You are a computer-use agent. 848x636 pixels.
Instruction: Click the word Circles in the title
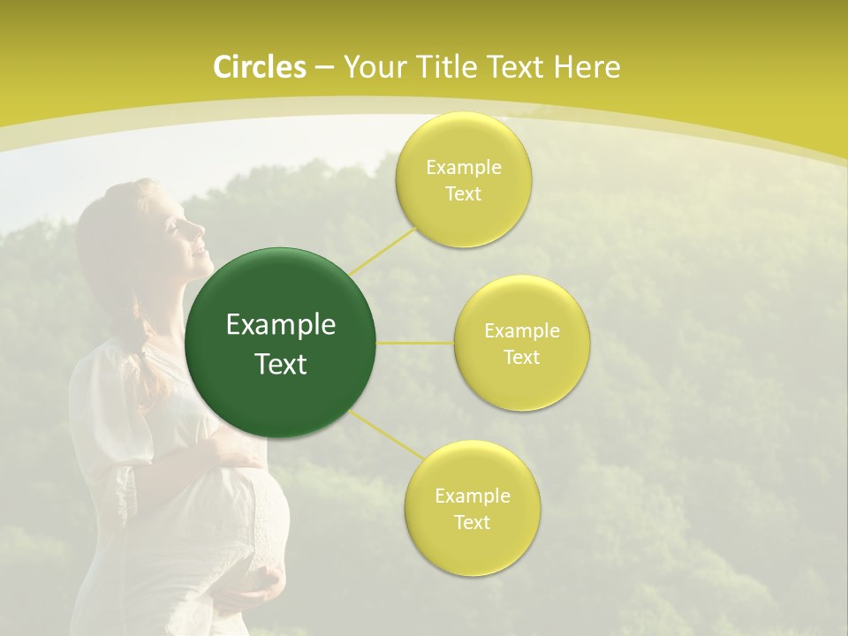tap(259, 67)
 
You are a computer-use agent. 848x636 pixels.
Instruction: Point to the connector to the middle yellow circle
tap(415, 343)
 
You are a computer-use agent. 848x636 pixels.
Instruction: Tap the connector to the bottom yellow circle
tap(383, 431)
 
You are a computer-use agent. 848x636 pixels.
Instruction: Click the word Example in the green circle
tap(281, 325)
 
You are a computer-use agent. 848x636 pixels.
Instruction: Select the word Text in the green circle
tap(281, 364)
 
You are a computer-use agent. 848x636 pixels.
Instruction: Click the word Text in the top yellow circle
tap(463, 194)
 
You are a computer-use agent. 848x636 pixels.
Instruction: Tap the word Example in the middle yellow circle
tap(521, 331)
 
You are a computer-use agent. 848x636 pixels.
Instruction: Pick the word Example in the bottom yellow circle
tap(472, 496)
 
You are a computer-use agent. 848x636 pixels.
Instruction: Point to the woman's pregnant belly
tap(247, 521)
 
